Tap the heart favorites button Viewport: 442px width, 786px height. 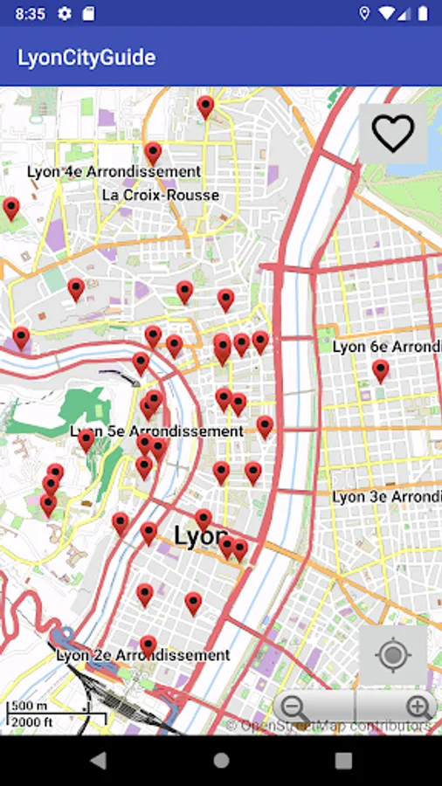(x=392, y=134)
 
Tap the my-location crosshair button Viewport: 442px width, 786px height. (x=392, y=654)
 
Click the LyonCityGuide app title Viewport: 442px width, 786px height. (x=86, y=58)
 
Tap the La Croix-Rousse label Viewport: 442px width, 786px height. (x=161, y=195)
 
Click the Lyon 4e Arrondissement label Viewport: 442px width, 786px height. (x=114, y=172)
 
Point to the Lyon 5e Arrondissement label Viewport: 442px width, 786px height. (x=157, y=431)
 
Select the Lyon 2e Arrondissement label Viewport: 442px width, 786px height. (x=142, y=655)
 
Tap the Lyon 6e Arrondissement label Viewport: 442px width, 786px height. (x=386, y=347)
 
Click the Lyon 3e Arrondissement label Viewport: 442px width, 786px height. (x=386, y=497)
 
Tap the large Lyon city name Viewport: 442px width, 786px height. (x=200, y=536)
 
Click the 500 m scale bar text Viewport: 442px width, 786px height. (x=29, y=706)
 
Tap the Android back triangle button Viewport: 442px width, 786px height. (x=98, y=761)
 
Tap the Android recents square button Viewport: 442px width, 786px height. (x=343, y=761)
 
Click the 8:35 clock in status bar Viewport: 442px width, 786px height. (x=30, y=13)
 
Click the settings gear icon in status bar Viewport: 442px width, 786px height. (x=64, y=13)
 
